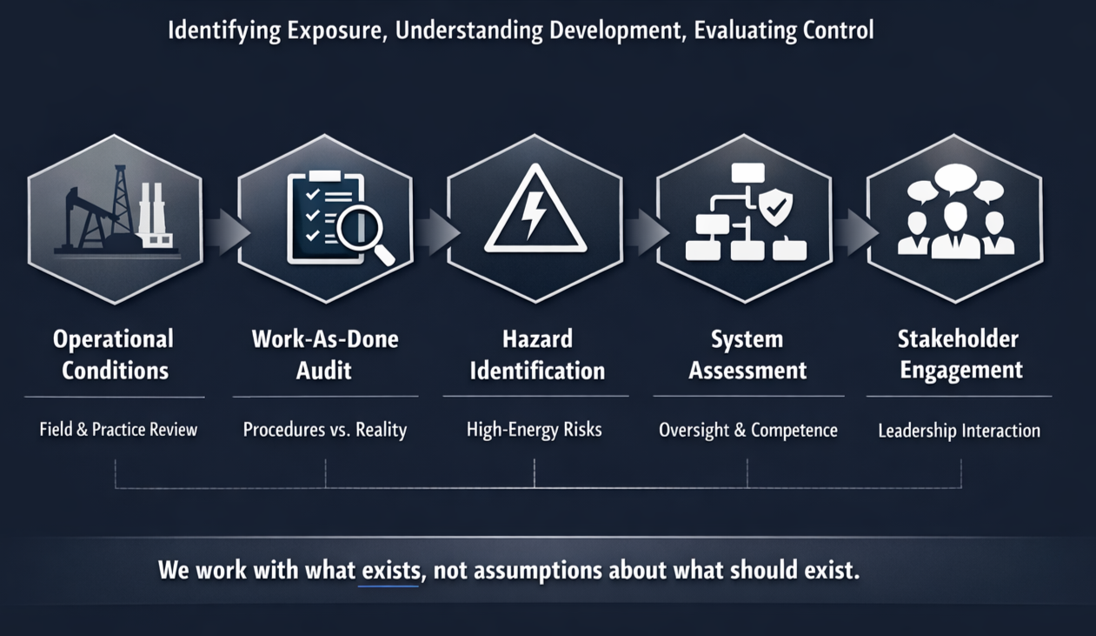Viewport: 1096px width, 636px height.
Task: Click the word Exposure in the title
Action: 335,31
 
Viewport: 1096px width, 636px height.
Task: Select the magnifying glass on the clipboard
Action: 364,233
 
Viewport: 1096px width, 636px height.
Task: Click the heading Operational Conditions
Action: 114,354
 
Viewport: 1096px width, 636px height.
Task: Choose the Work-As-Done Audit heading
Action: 325,354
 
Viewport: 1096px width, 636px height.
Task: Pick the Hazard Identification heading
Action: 537,354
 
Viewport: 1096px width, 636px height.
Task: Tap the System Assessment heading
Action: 747,354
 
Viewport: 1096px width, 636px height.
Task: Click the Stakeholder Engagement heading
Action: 960,354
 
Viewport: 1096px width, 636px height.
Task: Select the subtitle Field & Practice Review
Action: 118,430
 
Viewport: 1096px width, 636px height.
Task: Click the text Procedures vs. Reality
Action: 325,430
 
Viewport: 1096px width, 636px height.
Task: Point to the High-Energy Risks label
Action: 534,430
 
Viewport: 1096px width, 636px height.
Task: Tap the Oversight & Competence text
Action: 748,430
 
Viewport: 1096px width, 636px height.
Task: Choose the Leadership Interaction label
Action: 959,431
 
